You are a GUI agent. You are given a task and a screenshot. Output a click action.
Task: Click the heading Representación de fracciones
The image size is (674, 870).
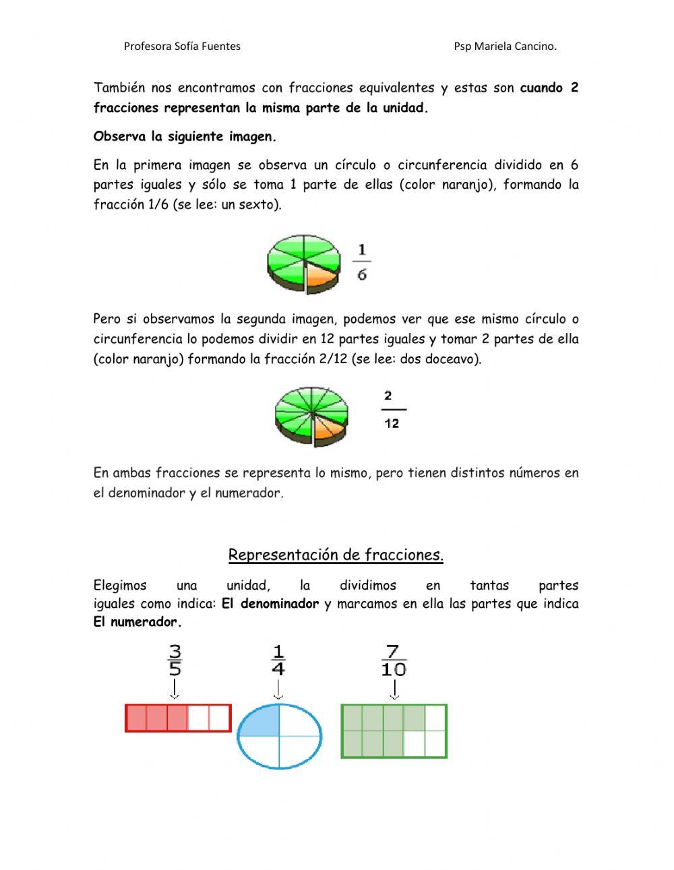click(x=336, y=555)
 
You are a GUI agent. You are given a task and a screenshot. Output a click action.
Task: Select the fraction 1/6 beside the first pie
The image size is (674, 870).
click(x=362, y=263)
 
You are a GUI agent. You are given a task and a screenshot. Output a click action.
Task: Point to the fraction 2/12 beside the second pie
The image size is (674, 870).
click(x=392, y=410)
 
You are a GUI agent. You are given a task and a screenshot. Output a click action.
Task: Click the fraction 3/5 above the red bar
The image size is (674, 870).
click(x=175, y=660)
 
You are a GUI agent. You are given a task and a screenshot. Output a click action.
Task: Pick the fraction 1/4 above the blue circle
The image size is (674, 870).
click(x=278, y=660)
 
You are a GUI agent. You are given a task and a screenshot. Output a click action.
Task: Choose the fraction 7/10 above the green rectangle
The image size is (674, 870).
click(x=394, y=660)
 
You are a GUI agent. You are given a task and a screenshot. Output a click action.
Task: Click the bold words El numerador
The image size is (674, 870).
click(x=137, y=622)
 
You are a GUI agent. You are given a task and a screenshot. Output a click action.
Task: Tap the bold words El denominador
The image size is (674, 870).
click(x=270, y=604)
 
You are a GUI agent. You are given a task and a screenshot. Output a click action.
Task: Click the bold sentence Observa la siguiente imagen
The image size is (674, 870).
click(x=185, y=136)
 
